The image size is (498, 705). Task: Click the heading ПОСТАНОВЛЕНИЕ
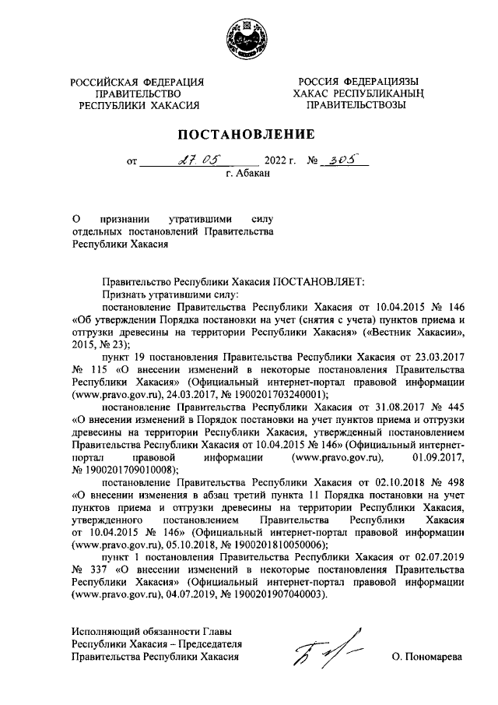coord(248,137)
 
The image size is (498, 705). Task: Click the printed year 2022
coord(278,164)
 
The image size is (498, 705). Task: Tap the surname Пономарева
coord(427,657)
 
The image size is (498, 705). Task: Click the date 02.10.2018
coord(384,484)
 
